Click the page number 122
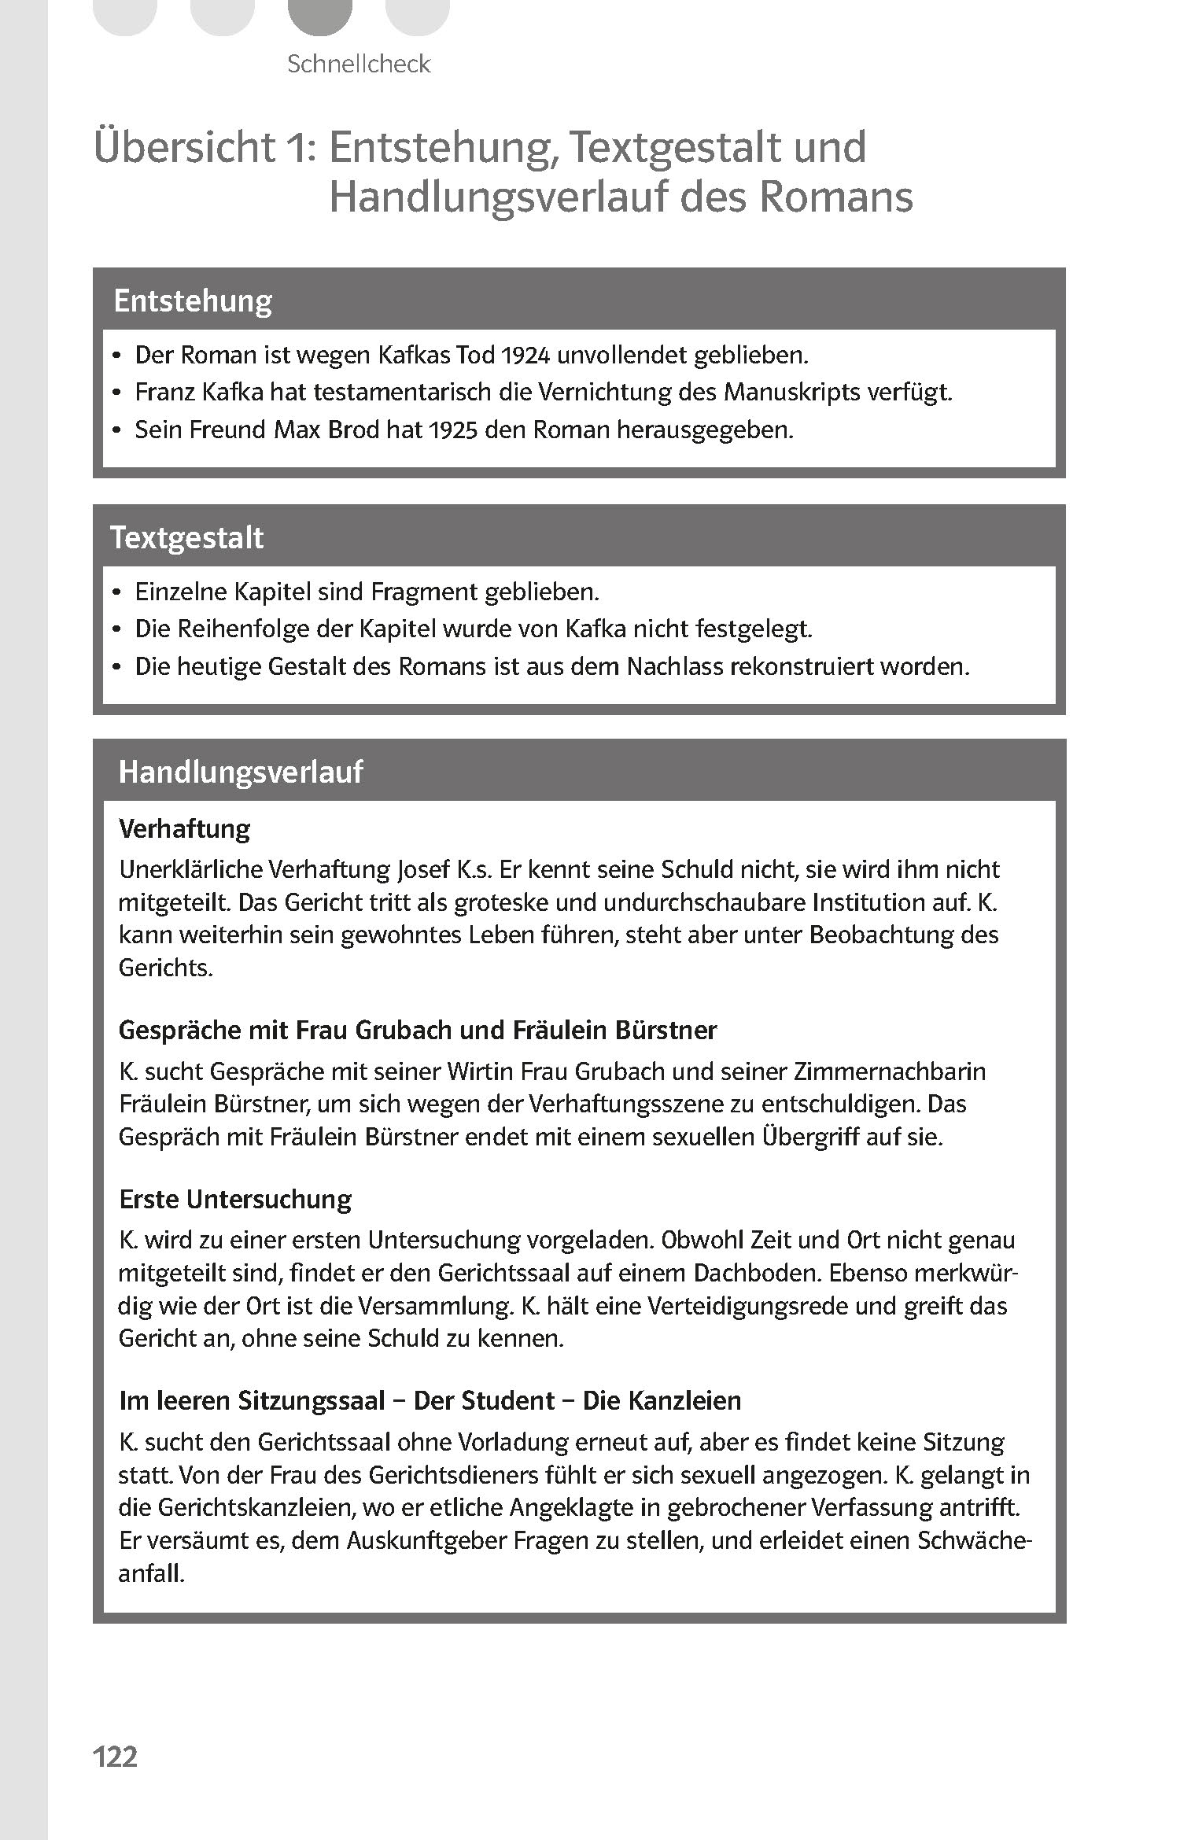tap(115, 1756)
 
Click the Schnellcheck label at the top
tap(359, 64)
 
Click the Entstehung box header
tap(193, 301)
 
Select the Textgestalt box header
tap(187, 537)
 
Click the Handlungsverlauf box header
tap(241, 772)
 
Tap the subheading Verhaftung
tap(185, 828)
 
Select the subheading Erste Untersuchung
tap(235, 1199)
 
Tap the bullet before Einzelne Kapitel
tap(116, 592)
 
